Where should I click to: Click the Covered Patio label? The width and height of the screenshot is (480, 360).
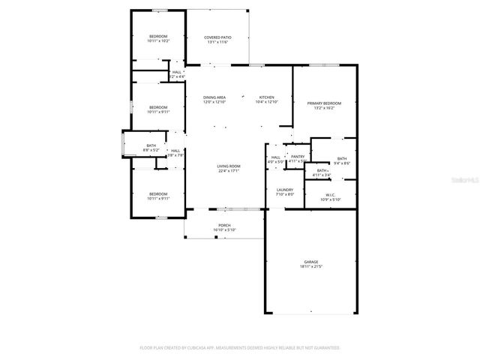(217, 37)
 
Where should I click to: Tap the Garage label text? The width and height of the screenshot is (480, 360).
(310, 262)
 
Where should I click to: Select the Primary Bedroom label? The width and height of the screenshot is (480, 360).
(324, 103)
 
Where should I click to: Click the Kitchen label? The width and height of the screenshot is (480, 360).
(267, 97)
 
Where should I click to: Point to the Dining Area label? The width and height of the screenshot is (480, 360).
(214, 97)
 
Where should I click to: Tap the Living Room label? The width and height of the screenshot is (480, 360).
(229, 166)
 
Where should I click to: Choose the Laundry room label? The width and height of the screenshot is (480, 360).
(284, 190)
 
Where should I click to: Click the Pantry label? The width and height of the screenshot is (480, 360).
(298, 156)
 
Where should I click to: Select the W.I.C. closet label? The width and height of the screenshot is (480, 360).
(331, 195)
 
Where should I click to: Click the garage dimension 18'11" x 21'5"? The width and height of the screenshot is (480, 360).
(310, 267)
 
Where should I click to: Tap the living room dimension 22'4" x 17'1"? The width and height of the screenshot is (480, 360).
(229, 171)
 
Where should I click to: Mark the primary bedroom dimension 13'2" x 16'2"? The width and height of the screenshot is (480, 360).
(324, 108)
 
